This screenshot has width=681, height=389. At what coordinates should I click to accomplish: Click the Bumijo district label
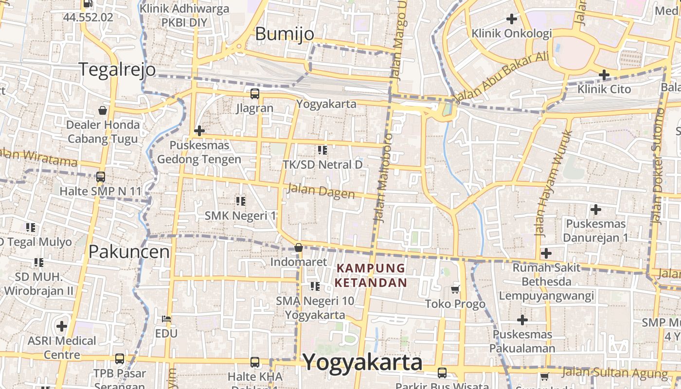pyautogui.click(x=285, y=34)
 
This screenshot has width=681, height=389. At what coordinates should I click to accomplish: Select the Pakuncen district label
pyautogui.click(x=129, y=251)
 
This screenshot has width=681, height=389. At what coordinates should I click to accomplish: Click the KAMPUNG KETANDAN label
pyautogui.click(x=371, y=275)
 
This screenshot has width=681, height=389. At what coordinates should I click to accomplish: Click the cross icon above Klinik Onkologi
pyautogui.click(x=511, y=19)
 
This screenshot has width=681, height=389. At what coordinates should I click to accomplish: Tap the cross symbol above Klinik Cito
pyautogui.click(x=604, y=75)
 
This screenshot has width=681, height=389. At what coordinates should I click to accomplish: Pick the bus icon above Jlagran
pyautogui.click(x=254, y=94)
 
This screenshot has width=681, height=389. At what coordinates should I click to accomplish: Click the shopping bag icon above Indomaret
pyautogui.click(x=299, y=248)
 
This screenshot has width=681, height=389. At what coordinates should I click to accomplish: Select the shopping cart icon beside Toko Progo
pyautogui.click(x=455, y=290)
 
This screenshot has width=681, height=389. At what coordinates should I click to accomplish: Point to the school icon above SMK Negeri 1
pyautogui.click(x=240, y=200)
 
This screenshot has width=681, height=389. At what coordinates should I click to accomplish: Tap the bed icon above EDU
pyautogui.click(x=166, y=319)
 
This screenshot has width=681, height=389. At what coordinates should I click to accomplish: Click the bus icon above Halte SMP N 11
pyautogui.click(x=100, y=177)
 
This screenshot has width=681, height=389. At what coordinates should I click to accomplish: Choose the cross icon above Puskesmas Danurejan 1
pyautogui.click(x=595, y=210)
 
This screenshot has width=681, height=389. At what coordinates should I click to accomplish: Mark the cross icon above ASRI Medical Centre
pyautogui.click(x=61, y=326)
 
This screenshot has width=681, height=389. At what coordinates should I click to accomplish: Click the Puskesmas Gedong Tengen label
pyautogui.click(x=199, y=152)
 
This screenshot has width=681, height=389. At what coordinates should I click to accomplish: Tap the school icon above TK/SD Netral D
pyautogui.click(x=322, y=150)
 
